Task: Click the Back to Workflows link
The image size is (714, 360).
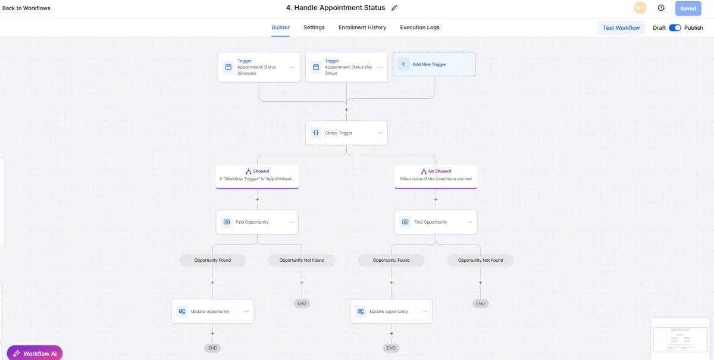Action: (x=26, y=8)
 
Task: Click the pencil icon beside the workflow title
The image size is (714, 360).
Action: (x=394, y=8)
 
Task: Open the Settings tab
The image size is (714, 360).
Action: (x=314, y=27)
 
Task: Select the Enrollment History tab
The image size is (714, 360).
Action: (x=362, y=27)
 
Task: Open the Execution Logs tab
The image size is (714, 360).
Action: (x=419, y=27)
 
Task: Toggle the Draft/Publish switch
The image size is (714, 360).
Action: (x=675, y=28)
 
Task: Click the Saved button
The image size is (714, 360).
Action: (x=688, y=8)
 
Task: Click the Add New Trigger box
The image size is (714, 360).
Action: (x=434, y=64)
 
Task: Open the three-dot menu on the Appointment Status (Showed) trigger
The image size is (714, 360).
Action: (x=292, y=67)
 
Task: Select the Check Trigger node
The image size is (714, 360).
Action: (x=346, y=133)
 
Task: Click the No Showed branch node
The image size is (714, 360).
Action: (x=436, y=177)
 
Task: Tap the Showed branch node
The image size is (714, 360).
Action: (x=257, y=177)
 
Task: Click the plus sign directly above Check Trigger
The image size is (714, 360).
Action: (x=346, y=109)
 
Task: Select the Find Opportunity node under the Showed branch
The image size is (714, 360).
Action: (x=257, y=222)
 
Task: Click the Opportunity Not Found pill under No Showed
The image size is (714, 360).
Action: (x=480, y=260)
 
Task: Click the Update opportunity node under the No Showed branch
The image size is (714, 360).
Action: (x=391, y=311)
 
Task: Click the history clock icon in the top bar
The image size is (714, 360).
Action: (x=661, y=8)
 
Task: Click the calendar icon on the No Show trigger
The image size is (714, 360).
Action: (x=316, y=67)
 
